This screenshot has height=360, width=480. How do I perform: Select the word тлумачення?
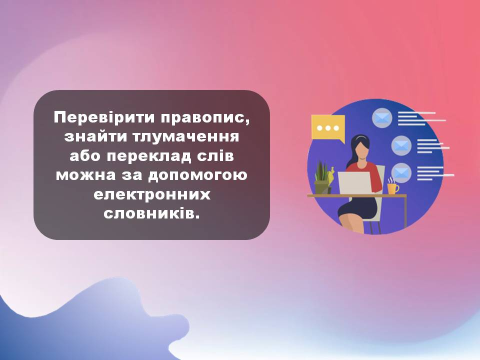pos(186,136)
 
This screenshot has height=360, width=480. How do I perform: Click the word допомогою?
pos(198,175)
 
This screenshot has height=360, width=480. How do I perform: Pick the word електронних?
pos(152,194)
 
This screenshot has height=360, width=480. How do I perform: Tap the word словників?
pos(151,213)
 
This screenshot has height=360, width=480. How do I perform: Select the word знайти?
pos(96,136)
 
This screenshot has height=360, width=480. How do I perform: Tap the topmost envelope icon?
pos(382,118)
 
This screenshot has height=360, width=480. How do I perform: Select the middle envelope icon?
pos(401,145)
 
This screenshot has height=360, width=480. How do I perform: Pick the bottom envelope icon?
pos(401,173)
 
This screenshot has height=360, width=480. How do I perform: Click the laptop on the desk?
pos(354,183)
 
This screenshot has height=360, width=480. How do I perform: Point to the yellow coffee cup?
pos(393,188)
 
